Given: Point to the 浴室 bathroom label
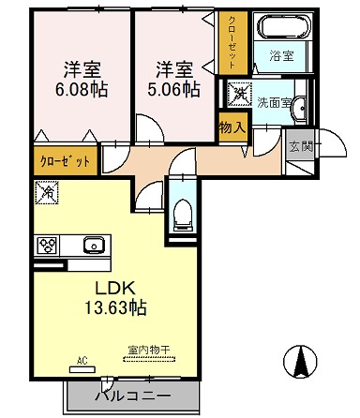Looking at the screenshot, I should tap(280, 56).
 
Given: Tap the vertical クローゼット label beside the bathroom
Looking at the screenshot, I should tap(232, 41).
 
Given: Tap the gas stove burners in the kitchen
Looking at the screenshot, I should tap(48, 246).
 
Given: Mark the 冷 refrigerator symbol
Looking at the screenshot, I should tap(47, 192).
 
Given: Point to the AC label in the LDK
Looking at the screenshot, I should tap(82, 359).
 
